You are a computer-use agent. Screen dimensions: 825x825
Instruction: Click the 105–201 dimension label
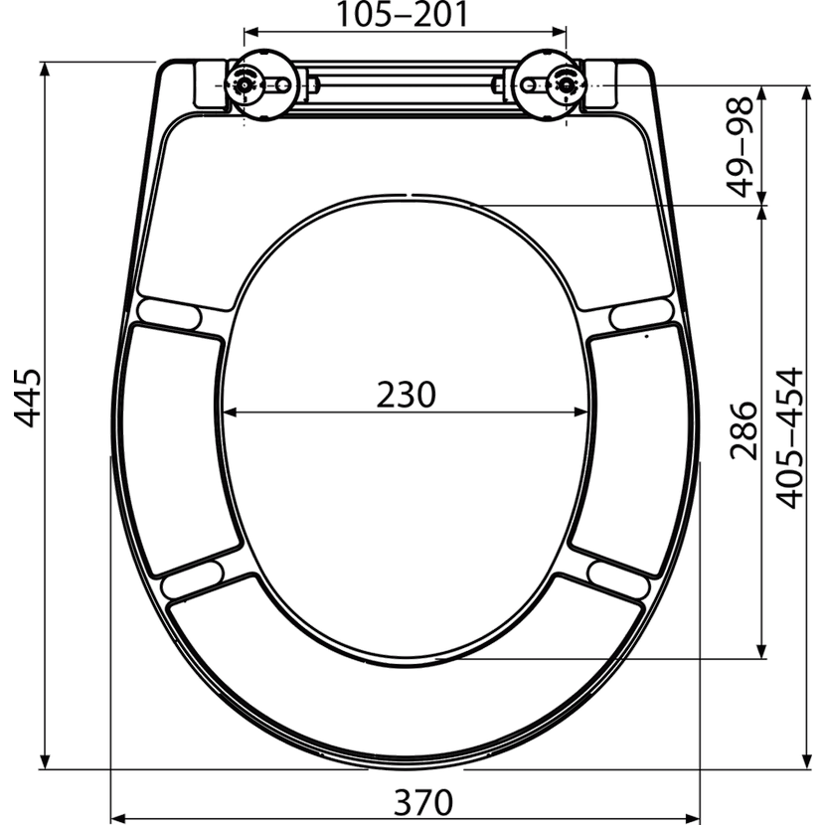402,15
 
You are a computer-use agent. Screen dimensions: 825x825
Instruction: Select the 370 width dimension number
423,802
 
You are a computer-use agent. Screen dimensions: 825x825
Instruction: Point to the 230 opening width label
407,395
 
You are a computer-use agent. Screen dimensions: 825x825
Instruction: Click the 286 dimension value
742,431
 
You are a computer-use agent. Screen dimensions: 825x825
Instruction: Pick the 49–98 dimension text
740,146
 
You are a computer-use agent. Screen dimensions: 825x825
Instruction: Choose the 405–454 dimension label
790,438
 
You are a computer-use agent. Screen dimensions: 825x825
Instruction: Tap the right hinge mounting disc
548,84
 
